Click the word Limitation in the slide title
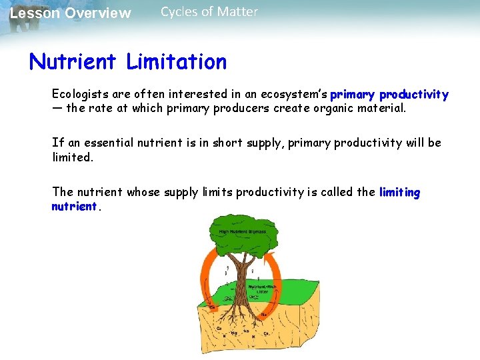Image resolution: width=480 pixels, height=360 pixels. [x=176, y=62]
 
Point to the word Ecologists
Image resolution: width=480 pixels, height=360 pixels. [x=79, y=95]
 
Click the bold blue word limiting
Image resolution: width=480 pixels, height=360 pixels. [x=399, y=193]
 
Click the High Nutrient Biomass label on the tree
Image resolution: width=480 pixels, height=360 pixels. [x=239, y=232]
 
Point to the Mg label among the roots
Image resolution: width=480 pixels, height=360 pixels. [x=234, y=332]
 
